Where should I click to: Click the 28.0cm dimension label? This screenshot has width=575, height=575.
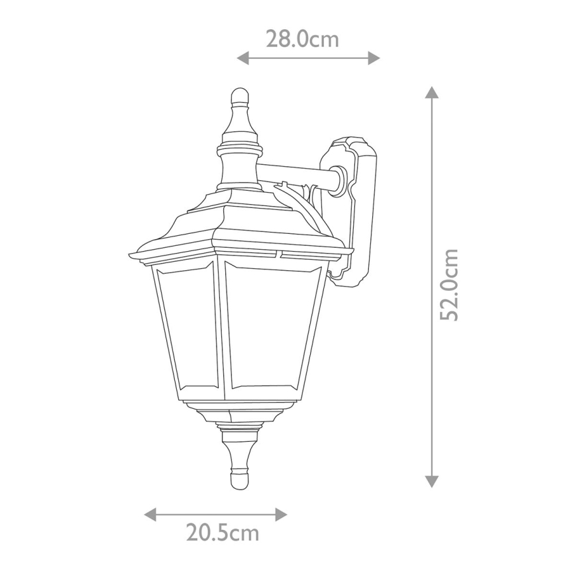pyautogui.click(x=302, y=39)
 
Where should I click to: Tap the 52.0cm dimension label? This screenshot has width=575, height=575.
pyautogui.click(x=450, y=285)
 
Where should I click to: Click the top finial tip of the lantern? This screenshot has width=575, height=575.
pyautogui.click(x=239, y=93)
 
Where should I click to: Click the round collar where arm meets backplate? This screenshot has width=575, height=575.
pyautogui.click(x=339, y=180)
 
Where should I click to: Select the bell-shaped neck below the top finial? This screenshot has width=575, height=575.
pyautogui.click(x=239, y=166)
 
